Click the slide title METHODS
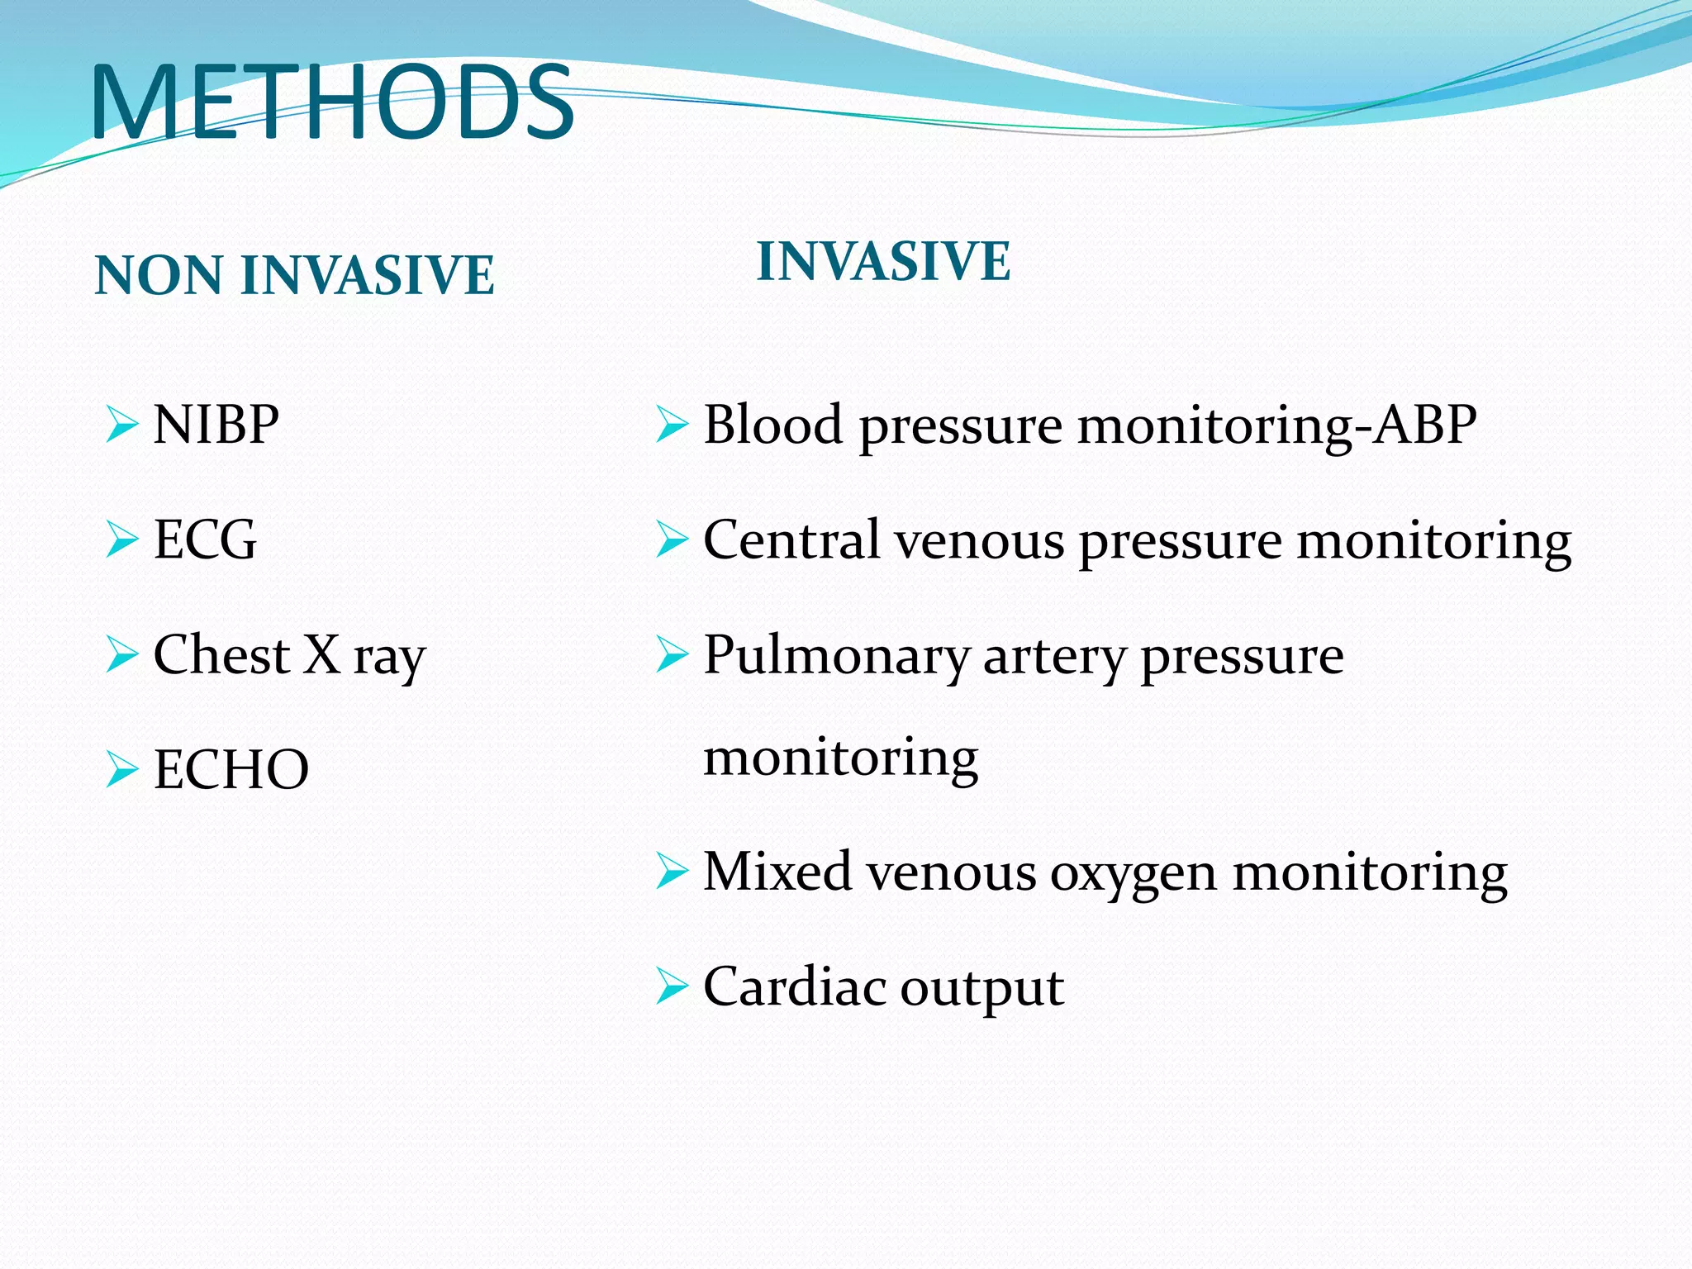pos(332,102)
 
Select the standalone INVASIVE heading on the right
pos(883,261)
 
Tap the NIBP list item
pos(216,425)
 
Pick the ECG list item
pos(205,540)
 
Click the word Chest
pos(221,655)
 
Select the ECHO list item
pos(231,770)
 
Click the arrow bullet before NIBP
pos(121,425)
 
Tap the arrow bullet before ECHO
pos(121,770)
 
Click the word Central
pos(791,540)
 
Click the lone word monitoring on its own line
pos(840,758)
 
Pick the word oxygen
pos(1133,874)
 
